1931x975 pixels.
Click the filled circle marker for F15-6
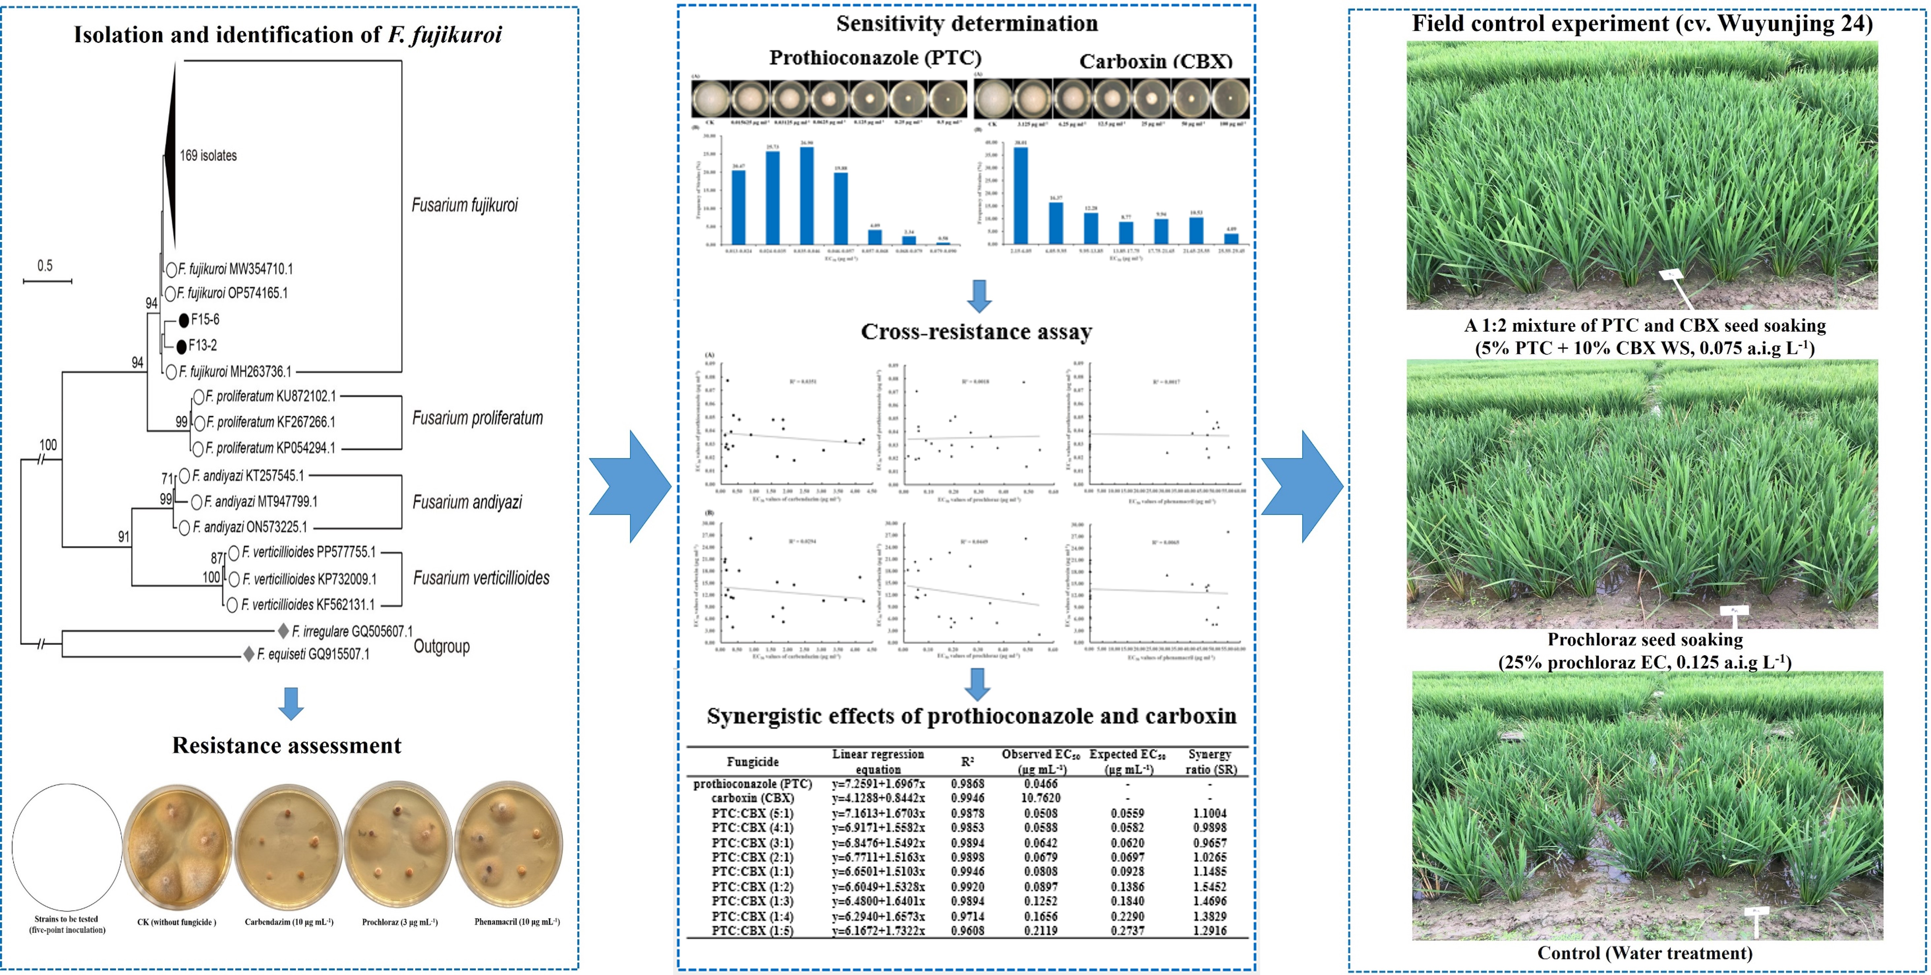point(184,320)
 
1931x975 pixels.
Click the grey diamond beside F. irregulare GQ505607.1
point(283,631)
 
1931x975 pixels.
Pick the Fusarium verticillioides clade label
point(481,578)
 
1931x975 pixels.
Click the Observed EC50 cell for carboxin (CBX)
point(1041,798)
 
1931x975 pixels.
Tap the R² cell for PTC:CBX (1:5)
point(967,931)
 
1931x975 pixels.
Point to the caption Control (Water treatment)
point(1645,953)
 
